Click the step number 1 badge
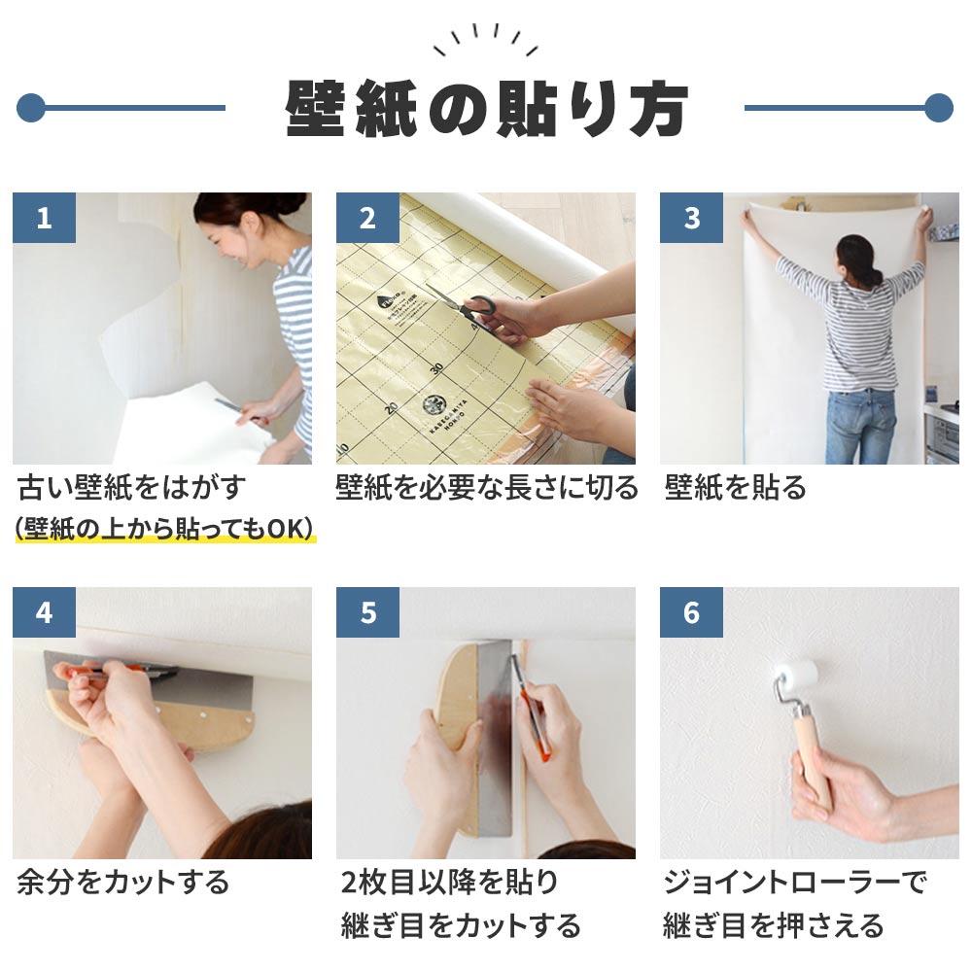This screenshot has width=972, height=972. [44, 218]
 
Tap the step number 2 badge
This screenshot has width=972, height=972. [367, 218]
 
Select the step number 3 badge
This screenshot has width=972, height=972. [691, 218]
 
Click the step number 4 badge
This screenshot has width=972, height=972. [44, 612]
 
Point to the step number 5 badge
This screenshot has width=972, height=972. [367, 612]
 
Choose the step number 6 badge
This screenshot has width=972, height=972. [691, 612]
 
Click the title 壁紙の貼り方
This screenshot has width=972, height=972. [485, 108]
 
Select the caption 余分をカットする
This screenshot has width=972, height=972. [122, 883]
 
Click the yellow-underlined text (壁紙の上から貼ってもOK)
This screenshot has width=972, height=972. [164, 529]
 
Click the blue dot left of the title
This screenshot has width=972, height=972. [31, 108]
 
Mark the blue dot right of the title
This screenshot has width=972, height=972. [938, 108]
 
